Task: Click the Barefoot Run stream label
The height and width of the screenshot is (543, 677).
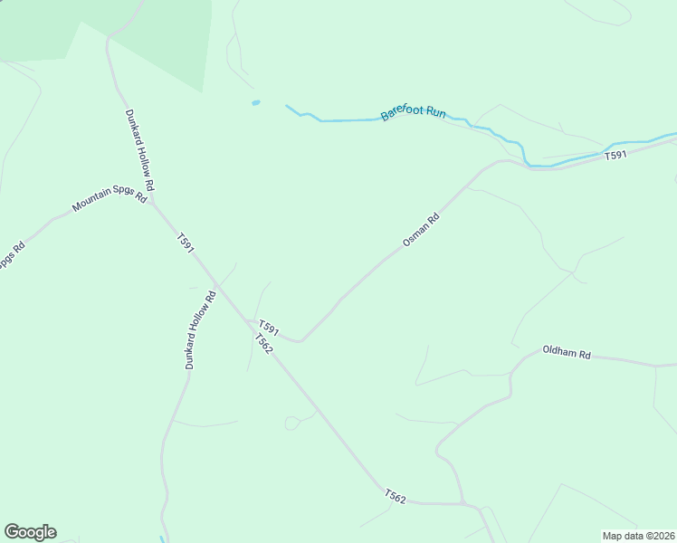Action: point(414,114)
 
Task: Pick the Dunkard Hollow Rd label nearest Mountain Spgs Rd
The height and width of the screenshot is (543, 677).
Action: point(139,150)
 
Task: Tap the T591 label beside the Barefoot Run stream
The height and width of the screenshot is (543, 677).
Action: point(615,157)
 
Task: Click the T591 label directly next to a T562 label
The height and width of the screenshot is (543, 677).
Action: point(268,328)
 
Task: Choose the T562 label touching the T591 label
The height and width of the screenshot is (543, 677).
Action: point(263,344)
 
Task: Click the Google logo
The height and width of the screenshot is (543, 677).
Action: point(30,532)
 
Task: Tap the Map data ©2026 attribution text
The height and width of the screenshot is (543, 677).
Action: point(638,536)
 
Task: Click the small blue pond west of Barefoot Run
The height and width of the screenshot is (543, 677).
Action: point(256,102)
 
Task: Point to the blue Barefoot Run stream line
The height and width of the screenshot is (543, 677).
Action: point(344,119)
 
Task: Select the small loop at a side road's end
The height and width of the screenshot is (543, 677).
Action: point(292,423)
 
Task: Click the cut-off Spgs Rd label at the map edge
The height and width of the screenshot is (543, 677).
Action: point(8,256)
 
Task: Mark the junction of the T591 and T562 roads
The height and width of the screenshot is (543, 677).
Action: point(250,321)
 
